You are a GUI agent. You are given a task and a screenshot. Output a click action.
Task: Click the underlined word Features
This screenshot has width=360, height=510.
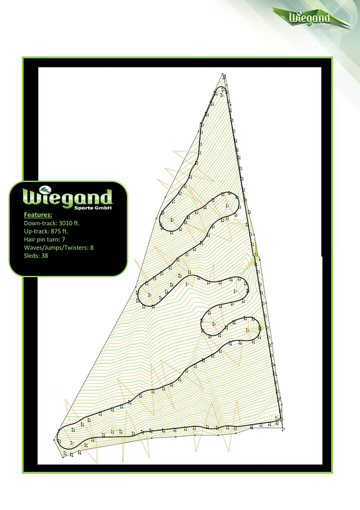click(x=38, y=215)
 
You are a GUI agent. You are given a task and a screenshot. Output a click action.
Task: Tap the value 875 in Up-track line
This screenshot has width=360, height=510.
click(x=58, y=231)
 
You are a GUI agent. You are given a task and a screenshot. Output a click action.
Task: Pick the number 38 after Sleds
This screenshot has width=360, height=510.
click(x=45, y=255)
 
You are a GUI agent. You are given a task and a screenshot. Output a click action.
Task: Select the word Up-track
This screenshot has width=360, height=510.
click(x=36, y=231)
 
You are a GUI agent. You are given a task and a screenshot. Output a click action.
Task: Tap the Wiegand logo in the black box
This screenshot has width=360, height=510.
click(x=68, y=197)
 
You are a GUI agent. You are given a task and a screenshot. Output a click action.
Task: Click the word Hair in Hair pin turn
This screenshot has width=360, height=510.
click(x=30, y=239)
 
